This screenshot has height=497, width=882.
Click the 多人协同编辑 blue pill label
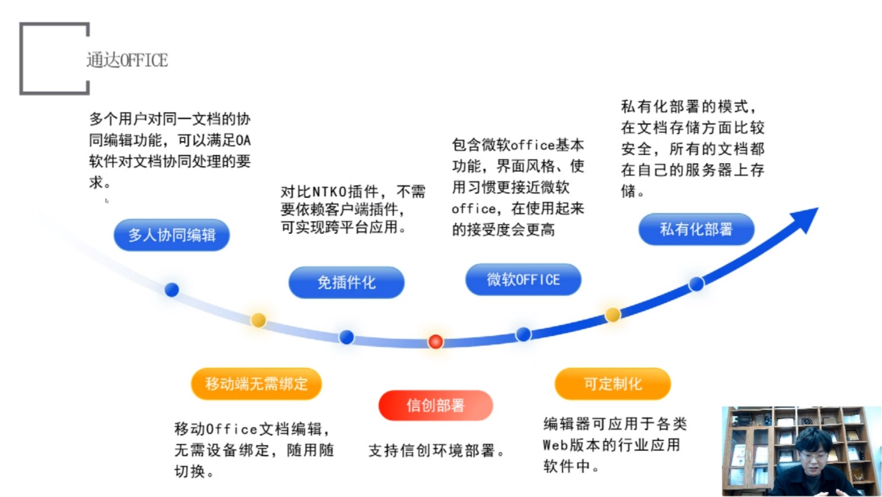pyautogui.click(x=172, y=235)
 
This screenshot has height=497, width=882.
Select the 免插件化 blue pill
pyautogui.click(x=347, y=282)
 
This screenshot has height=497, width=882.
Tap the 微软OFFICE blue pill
pyautogui.click(x=523, y=280)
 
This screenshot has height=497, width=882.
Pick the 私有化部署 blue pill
pyautogui.click(x=696, y=229)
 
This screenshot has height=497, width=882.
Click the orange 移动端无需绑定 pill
pyautogui.click(x=256, y=384)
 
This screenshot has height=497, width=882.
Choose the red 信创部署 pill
pyautogui.click(x=436, y=405)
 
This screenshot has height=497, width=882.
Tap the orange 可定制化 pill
pyautogui.click(x=613, y=384)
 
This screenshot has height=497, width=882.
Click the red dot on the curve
pyautogui.click(x=436, y=342)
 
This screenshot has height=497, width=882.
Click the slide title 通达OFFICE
pyautogui.click(x=127, y=60)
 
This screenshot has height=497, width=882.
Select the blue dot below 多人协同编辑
pyautogui.click(x=172, y=290)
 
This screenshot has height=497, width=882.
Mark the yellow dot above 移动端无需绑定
pyautogui.click(x=258, y=320)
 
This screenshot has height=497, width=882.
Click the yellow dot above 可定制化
pyautogui.click(x=613, y=315)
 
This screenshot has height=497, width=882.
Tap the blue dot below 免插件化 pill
pyautogui.click(x=347, y=337)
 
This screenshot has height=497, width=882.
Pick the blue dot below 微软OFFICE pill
pyautogui.click(x=523, y=335)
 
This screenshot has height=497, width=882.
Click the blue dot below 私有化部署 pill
pyautogui.click(x=696, y=284)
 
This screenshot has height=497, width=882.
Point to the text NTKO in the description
pyautogui.click(x=330, y=192)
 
